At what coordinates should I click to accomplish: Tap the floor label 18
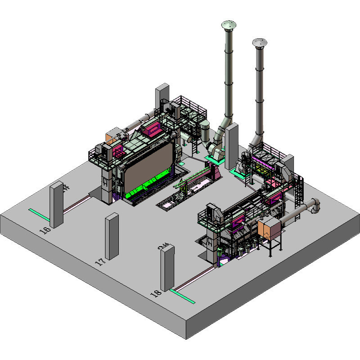tap(155, 293)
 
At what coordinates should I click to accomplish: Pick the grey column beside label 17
tap(112, 236)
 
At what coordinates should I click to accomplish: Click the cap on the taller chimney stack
tap(229, 24)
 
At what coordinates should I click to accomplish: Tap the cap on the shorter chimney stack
tap(259, 42)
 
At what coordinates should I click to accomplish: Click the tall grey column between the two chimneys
tap(231, 146)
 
